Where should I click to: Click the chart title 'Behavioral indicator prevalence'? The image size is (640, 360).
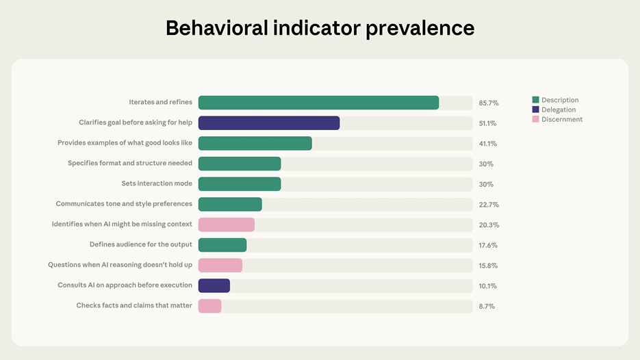pos(320,28)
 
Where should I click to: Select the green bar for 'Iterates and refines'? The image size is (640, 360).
pos(318,103)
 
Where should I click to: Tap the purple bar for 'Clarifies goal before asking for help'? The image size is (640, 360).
pos(269,123)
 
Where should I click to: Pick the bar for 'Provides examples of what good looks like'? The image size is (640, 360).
pos(255,144)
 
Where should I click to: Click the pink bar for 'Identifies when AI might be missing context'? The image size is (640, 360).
pos(227,224)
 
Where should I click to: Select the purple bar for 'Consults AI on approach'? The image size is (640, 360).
pos(214,285)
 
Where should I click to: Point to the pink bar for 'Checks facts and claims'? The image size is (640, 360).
pos(209,306)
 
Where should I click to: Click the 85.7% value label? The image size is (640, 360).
pos(489,103)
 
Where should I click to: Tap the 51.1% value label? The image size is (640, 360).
pos(488,124)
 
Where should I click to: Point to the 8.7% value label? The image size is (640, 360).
pos(487,307)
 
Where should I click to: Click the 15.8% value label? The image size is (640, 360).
pos(488,266)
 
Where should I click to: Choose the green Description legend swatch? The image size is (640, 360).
pos(536,100)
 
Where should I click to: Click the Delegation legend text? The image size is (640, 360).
pos(559,110)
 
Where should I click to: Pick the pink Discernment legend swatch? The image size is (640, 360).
pos(536,119)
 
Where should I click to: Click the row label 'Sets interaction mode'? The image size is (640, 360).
pos(157,184)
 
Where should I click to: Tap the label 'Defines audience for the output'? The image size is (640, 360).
pos(141,245)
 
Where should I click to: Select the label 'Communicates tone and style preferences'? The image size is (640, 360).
pos(124,204)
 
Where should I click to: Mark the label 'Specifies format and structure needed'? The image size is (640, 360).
pos(130,164)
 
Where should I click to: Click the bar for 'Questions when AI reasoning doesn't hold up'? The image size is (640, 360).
pos(220,266)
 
